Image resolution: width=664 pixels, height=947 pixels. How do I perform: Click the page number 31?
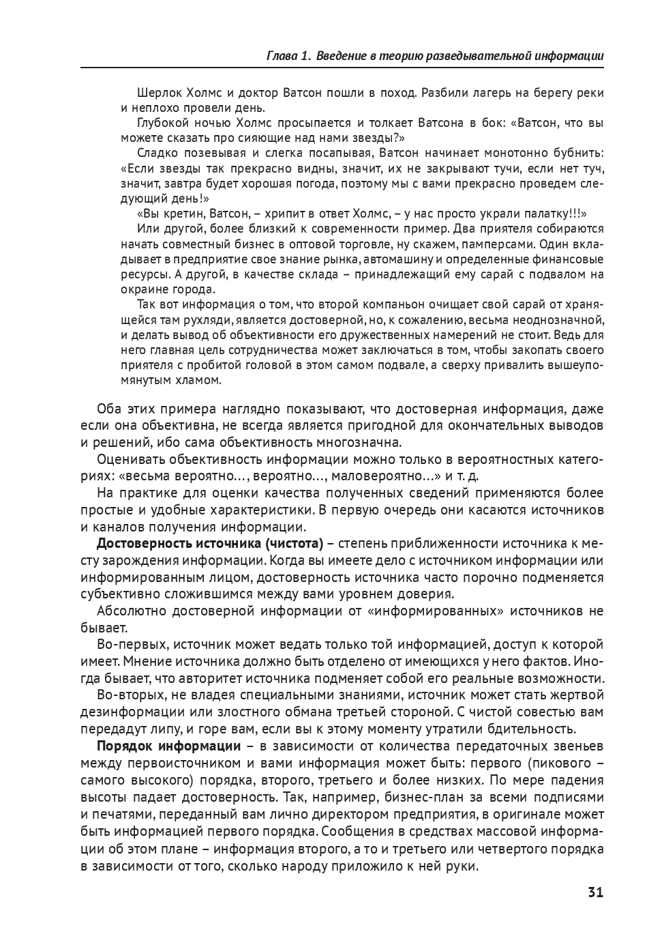(x=594, y=892)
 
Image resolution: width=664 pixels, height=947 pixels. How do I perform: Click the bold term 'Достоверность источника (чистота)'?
(x=209, y=544)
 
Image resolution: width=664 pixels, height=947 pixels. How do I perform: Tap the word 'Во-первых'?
(x=130, y=644)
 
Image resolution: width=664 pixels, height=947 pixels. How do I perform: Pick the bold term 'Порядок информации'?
(x=168, y=746)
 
